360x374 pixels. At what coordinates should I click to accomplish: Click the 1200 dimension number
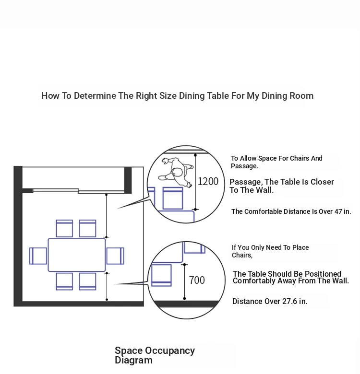pos(208,182)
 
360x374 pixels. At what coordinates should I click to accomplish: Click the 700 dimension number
pos(197,280)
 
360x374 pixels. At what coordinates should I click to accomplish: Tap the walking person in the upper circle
pos(176,172)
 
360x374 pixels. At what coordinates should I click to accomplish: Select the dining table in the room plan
pos(77,255)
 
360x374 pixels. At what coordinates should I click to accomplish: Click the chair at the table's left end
pos(38,256)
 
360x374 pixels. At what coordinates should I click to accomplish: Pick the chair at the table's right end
pos(115,256)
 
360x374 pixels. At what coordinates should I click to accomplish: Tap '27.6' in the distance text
pos(289,301)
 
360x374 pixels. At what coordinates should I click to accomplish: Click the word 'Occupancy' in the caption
pos(170,351)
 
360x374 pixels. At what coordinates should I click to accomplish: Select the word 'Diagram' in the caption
pos(133,360)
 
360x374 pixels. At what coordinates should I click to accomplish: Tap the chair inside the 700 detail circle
pos(161,275)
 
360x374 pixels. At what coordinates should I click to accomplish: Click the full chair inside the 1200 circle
pos(173,199)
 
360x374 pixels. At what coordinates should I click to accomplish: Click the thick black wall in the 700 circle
pos(186,304)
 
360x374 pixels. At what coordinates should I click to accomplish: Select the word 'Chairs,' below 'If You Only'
pos(242,255)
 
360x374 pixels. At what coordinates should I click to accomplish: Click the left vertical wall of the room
pos(18,236)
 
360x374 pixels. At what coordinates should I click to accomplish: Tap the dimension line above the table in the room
pos(107,216)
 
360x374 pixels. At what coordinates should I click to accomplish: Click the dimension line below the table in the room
pos(107,286)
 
